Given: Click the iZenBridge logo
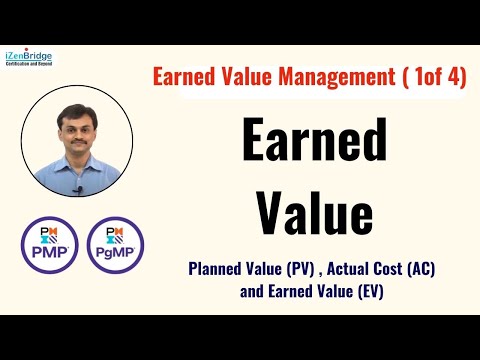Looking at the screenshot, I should tap(29, 58).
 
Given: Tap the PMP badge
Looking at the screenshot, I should tap(50, 244).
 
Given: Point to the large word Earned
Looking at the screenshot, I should tap(314, 144).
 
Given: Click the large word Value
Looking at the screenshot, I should tap(314, 213).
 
